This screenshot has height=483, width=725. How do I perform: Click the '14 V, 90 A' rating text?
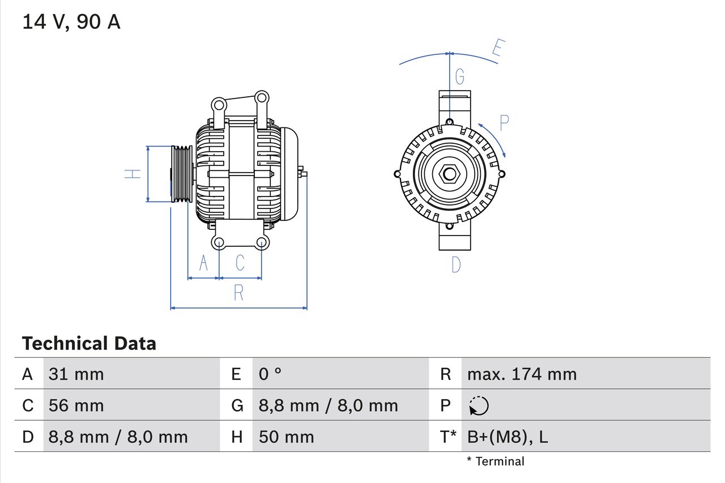click(71, 22)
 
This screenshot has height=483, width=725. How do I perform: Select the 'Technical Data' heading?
click(89, 343)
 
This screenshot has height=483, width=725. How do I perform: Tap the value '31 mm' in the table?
click(76, 374)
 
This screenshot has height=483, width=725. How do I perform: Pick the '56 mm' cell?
click(76, 405)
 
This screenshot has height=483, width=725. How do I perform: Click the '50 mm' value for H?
click(286, 437)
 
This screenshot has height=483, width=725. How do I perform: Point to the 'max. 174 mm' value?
click(522, 374)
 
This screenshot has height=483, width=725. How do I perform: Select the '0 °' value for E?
click(270, 374)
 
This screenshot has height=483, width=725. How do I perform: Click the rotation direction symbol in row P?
click(479, 405)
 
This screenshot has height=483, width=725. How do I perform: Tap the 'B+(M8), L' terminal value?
click(507, 437)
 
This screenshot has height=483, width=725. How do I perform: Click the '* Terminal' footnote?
click(496, 461)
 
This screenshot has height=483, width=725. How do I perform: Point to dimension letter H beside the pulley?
click(133, 174)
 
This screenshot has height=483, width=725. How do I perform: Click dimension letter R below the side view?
click(238, 293)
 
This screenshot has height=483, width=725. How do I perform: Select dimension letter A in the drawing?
click(203, 263)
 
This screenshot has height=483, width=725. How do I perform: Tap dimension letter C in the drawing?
click(240, 263)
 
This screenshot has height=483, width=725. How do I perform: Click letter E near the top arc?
click(497, 48)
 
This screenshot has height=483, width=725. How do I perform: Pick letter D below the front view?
click(456, 264)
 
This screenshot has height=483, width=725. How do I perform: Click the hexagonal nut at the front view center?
click(449, 174)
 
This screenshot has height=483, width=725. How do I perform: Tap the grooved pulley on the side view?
click(182, 174)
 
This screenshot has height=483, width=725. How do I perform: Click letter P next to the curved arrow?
click(504, 122)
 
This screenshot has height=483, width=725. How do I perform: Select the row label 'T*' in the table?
click(448, 437)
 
